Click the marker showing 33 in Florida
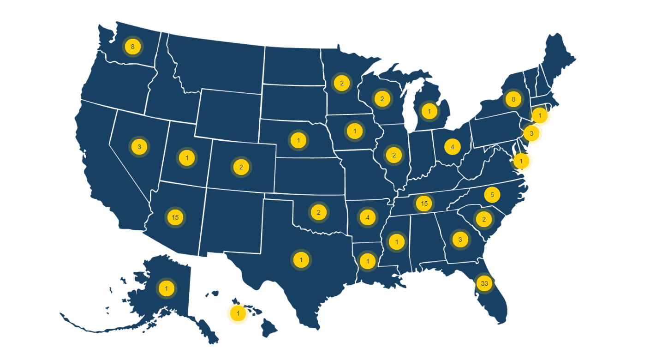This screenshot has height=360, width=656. click(484, 283)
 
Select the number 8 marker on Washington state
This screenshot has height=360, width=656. click(133, 46)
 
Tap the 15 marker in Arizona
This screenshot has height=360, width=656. click(175, 217)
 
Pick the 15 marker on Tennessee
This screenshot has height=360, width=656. click(424, 203)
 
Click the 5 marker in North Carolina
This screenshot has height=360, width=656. click(492, 195)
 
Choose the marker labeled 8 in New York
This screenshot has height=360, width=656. click(513, 99)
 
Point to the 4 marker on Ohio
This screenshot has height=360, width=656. click(453, 147)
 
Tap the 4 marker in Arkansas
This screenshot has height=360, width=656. click(368, 217)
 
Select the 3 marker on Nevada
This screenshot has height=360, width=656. click(139, 147)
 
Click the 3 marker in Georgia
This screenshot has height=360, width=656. click(460, 240)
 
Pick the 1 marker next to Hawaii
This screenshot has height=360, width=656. click(238, 313)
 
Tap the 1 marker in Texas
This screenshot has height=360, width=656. click(301, 260)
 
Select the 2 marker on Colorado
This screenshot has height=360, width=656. click(241, 167)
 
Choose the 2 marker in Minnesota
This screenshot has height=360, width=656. click(342, 83)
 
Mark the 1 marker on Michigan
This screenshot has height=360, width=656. click(429, 111)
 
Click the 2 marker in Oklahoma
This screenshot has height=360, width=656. click(318, 212)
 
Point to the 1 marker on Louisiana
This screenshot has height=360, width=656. click(368, 261)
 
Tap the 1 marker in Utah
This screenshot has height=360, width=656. click(187, 158)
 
